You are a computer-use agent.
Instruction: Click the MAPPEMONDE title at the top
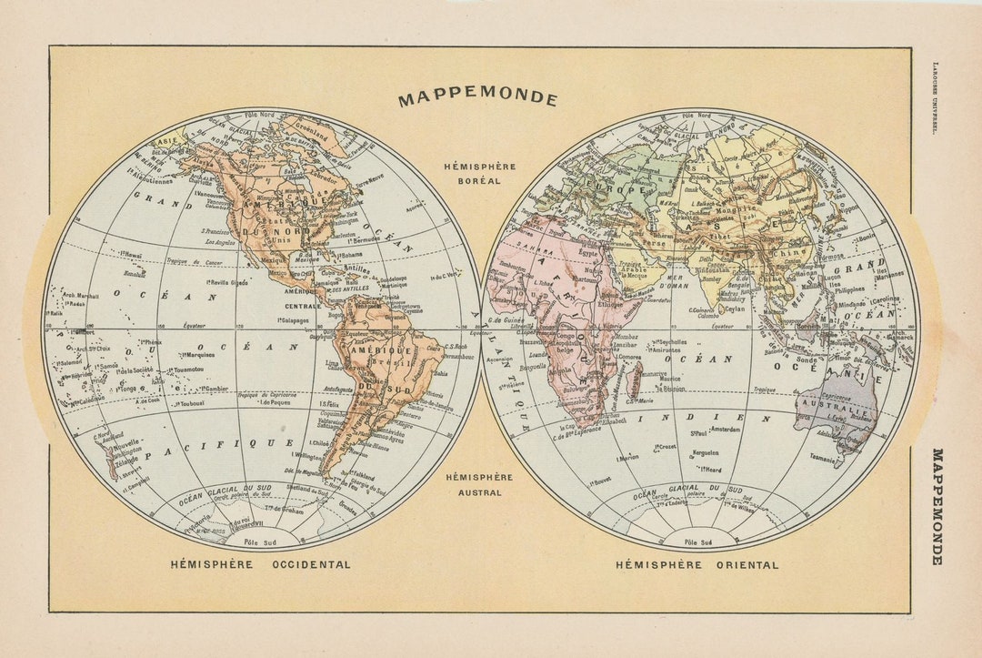click(477, 98)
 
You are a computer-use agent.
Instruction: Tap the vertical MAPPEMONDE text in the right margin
click(937, 506)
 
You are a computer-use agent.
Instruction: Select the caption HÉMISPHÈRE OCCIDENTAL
click(260, 564)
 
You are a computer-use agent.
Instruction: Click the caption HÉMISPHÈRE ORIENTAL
click(696, 564)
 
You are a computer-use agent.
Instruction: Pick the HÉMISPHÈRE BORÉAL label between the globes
click(479, 173)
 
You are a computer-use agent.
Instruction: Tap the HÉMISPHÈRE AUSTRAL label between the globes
click(479, 484)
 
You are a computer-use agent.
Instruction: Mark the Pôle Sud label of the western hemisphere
click(264, 541)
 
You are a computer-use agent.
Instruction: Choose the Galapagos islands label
click(293, 320)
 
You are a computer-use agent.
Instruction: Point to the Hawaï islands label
click(132, 255)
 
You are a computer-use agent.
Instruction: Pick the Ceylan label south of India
click(734, 309)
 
